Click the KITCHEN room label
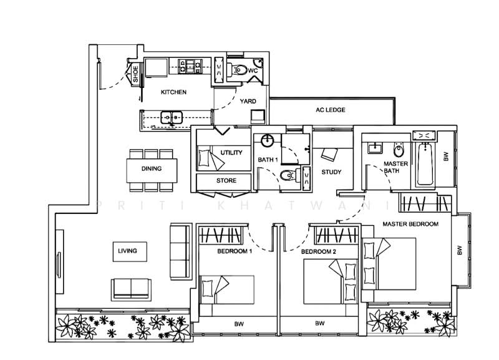173,92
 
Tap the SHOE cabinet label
135,74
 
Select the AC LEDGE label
330,110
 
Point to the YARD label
248,101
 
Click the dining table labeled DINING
151,169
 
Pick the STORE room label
226,182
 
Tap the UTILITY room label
231,152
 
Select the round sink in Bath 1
268,140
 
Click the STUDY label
331,172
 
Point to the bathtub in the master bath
425,163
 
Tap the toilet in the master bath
397,150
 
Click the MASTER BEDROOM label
410,223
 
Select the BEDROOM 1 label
234,252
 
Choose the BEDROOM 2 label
318,252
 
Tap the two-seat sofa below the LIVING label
132,288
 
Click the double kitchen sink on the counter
170,116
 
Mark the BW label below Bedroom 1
238,324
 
